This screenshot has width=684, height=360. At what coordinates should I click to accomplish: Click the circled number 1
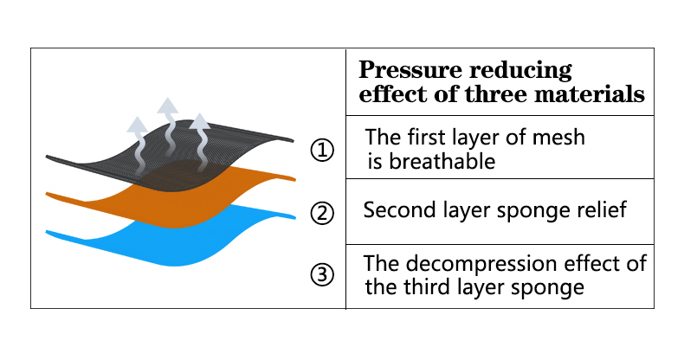point(322,151)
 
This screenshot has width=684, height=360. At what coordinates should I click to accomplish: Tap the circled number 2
point(322,213)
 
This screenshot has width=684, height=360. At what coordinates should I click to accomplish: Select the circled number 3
point(322,274)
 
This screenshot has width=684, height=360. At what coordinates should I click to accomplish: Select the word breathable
point(442,161)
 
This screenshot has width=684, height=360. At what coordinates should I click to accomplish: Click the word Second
point(400,209)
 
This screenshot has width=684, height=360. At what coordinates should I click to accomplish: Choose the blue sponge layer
point(175,248)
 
